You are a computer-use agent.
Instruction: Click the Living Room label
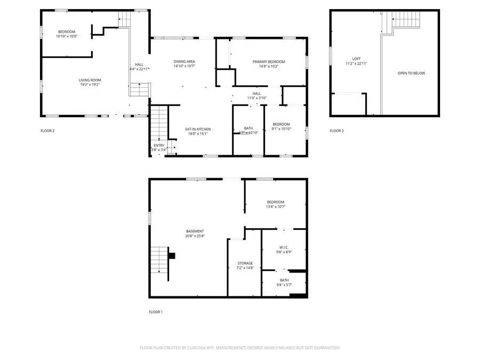coord(90,80)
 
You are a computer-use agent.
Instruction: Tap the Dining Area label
coord(184,62)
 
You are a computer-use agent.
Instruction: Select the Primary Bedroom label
coord(268,62)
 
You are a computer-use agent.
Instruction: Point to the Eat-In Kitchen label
coord(197,129)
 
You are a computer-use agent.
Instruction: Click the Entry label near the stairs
coord(159,146)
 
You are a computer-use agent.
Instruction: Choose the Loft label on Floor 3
coord(356,59)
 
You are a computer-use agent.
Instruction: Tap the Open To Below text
coord(411,73)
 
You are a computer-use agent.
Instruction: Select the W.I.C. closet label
coord(284,247)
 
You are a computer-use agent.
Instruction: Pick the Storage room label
coord(245,263)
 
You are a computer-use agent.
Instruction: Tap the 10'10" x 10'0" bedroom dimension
coord(67,36)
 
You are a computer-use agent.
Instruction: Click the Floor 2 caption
coord(47,131)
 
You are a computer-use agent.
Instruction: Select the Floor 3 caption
coord(337,131)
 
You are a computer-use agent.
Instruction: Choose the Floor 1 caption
coord(156,311)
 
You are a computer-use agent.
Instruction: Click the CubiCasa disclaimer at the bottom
coord(239,348)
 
